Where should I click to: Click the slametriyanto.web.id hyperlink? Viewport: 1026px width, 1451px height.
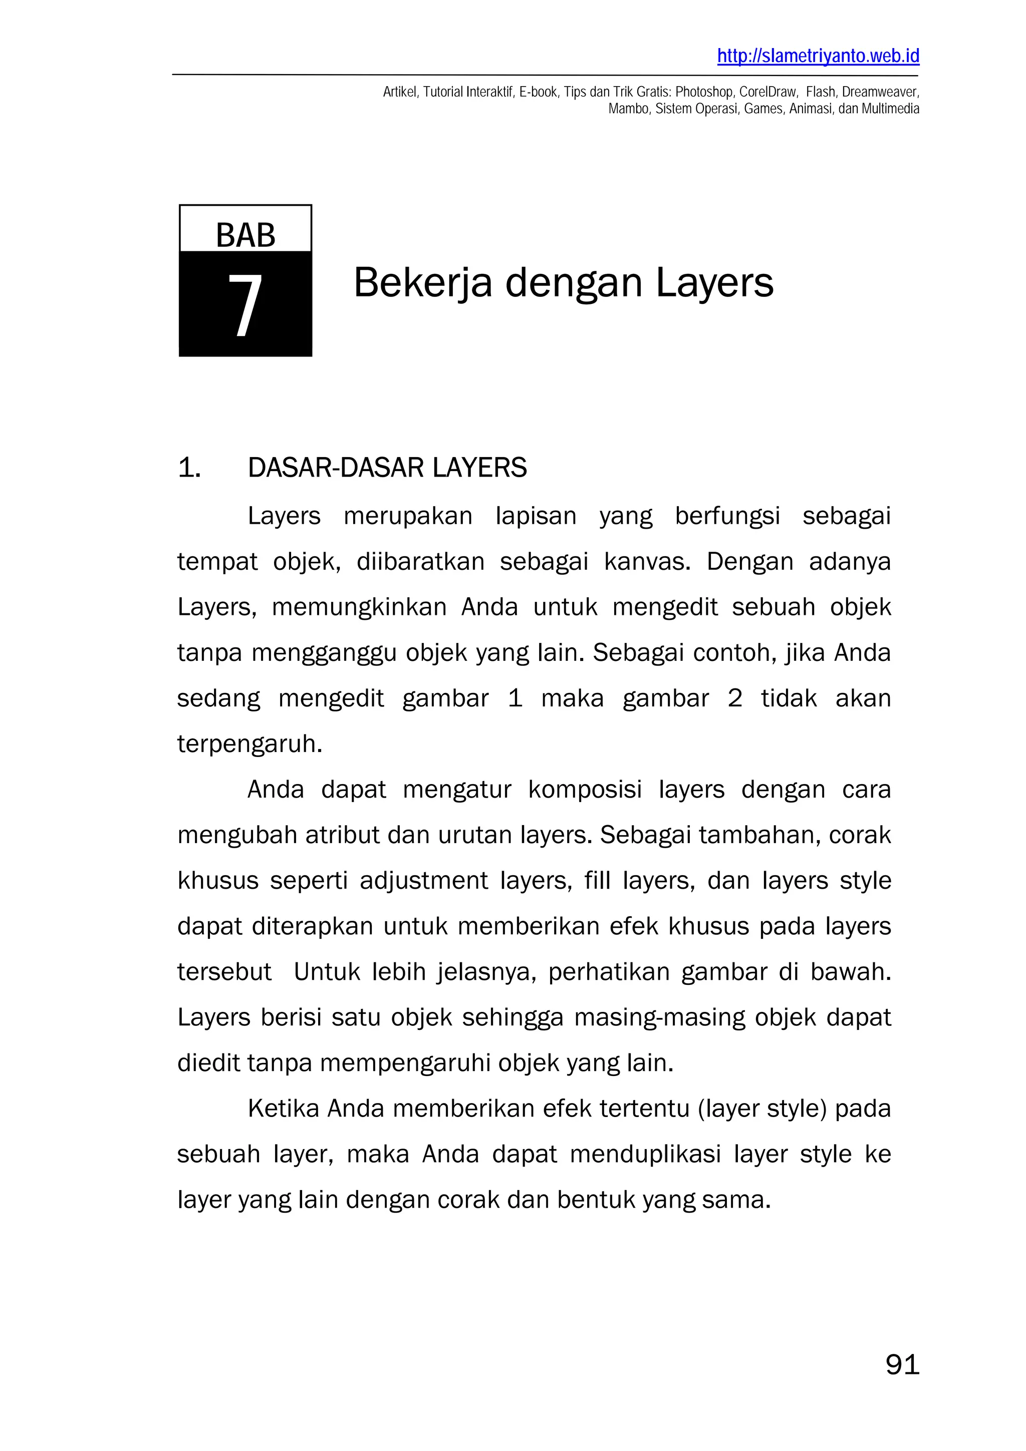coord(818,56)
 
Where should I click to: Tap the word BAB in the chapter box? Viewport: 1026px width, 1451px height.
coord(245,236)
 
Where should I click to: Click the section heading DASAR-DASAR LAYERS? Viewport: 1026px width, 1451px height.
coord(387,468)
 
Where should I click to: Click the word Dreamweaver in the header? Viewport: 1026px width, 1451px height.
coord(880,92)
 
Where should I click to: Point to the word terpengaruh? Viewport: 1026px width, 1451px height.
coord(249,745)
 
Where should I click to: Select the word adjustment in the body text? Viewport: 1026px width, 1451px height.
coord(423,882)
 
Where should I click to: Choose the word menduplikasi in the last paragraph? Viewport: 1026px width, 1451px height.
coord(645,1155)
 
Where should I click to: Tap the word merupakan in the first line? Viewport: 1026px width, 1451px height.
coord(408,516)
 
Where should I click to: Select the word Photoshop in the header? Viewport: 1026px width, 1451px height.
coord(704,92)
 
